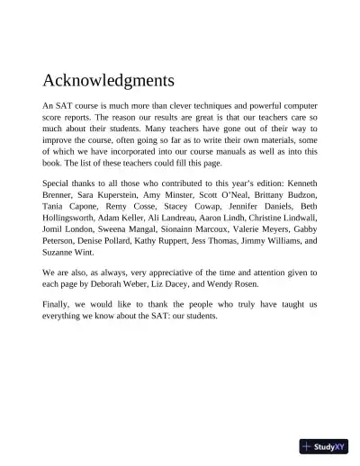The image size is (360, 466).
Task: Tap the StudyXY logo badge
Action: coord(324,445)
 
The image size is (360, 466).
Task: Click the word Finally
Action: coord(59,306)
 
